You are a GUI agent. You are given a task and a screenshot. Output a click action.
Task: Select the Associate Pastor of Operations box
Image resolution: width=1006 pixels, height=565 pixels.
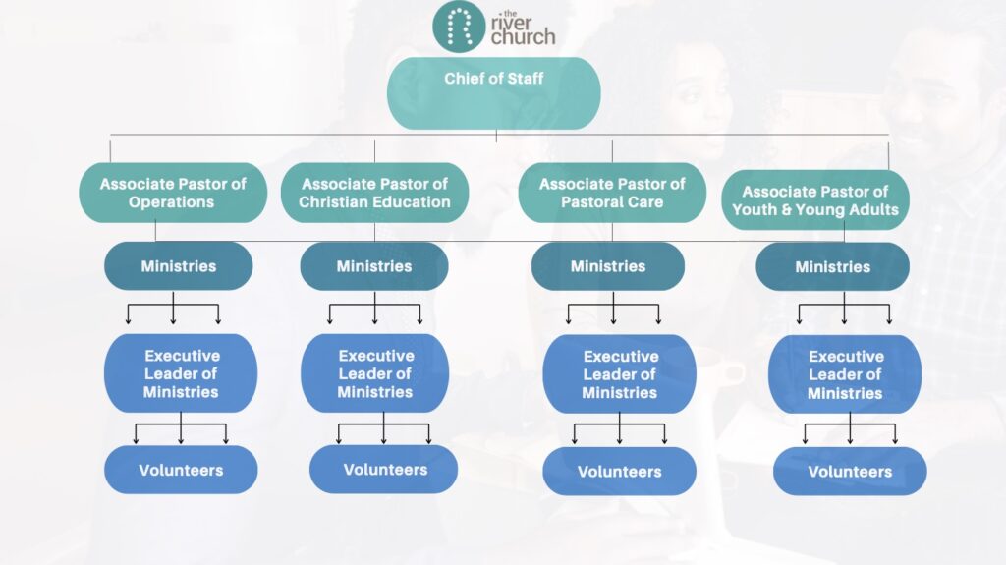(x=173, y=193)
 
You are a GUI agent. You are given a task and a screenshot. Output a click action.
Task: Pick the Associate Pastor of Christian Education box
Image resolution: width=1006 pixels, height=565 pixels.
(x=374, y=193)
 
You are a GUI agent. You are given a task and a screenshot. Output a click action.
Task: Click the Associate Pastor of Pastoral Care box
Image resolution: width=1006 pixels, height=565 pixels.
(x=611, y=193)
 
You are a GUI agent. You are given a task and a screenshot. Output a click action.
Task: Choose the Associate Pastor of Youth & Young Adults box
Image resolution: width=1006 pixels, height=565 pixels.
(x=814, y=200)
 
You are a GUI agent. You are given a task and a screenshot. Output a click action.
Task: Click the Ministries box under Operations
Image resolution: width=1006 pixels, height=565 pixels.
(x=178, y=266)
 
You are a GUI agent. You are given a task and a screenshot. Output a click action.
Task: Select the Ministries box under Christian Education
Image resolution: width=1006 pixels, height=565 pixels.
(x=374, y=266)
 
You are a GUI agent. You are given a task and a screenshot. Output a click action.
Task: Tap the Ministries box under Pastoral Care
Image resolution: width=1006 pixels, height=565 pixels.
(x=608, y=266)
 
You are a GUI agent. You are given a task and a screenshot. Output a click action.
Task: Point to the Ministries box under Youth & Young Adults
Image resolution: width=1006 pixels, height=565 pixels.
(x=832, y=267)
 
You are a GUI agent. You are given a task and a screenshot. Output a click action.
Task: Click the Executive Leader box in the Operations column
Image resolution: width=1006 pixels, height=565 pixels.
(x=181, y=373)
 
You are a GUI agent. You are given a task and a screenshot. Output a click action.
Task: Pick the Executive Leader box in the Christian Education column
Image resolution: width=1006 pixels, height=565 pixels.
(x=375, y=373)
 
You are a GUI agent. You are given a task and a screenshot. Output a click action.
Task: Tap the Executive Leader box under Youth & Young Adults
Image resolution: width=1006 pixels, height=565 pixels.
(x=845, y=374)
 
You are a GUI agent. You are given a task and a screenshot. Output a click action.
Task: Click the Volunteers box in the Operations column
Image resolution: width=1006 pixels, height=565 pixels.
(x=181, y=470)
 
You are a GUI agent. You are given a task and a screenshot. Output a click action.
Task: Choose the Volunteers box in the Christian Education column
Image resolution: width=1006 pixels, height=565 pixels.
(x=384, y=470)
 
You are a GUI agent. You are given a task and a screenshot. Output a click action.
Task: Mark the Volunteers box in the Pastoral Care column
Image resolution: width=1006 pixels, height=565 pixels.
(x=619, y=472)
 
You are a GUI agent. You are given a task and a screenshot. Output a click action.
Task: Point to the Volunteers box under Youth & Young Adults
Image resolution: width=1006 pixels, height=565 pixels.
(x=850, y=472)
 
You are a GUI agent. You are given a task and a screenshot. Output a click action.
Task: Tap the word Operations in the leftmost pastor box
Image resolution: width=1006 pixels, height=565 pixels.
(x=172, y=202)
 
